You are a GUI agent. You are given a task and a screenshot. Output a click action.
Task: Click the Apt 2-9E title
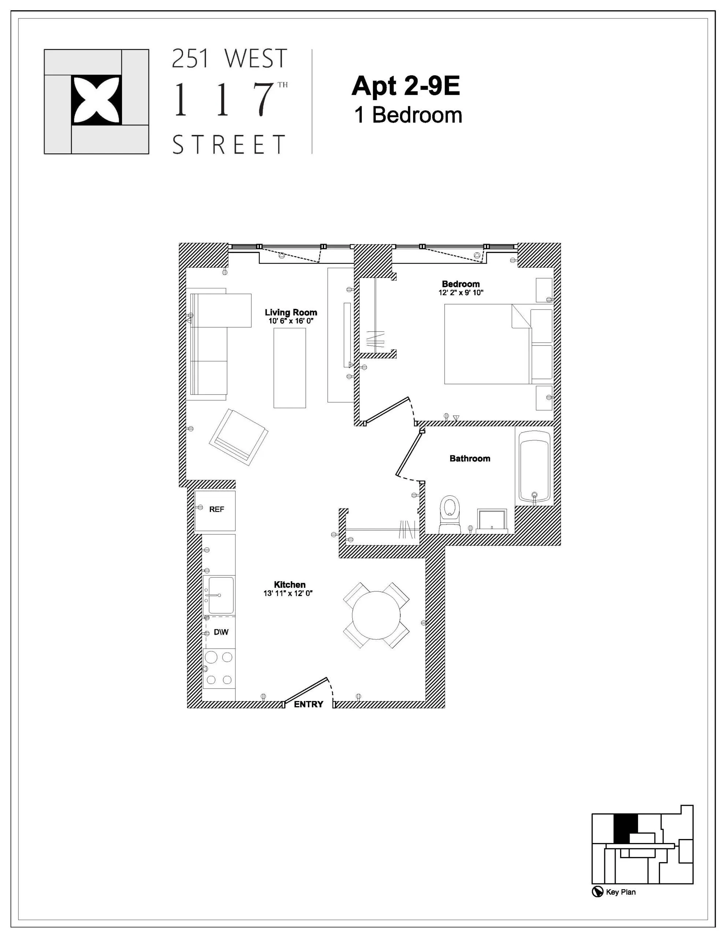point(405,86)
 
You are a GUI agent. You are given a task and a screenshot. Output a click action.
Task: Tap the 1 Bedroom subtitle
point(408,115)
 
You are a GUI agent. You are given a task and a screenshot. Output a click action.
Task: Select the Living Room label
point(291,312)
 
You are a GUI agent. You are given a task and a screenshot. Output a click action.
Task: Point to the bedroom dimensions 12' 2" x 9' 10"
point(460,293)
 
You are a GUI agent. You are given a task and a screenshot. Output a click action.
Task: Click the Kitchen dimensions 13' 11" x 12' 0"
point(289,594)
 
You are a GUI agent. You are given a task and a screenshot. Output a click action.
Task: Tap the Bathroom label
point(470,458)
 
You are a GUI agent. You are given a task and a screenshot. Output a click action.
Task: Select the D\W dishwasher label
point(221,632)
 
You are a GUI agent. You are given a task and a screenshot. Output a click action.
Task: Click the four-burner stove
point(219,668)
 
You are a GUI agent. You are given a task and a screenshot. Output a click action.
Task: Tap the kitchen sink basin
point(221,595)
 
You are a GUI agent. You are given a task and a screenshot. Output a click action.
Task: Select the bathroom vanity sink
point(492,521)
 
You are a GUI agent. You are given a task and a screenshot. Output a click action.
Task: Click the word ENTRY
point(308,704)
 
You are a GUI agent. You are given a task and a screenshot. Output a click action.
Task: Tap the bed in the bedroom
point(487,344)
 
